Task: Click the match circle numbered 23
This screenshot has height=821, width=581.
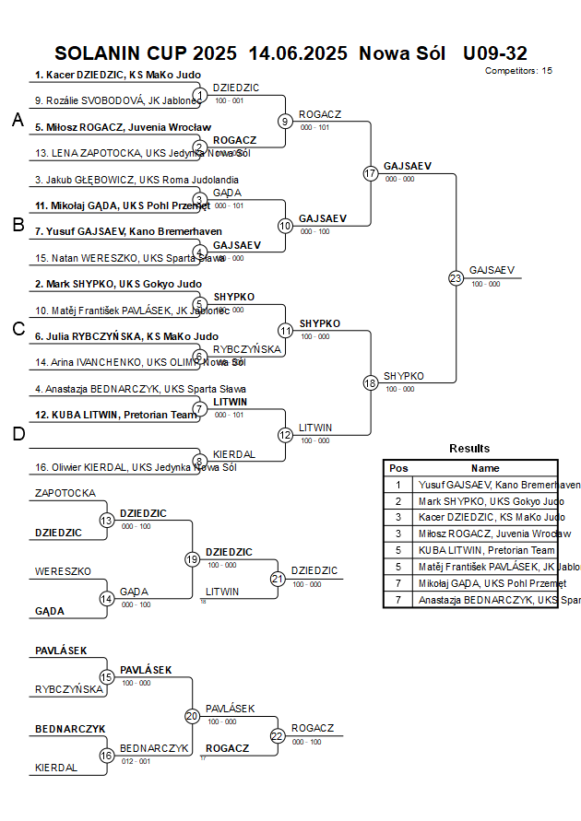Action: (x=456, y=277)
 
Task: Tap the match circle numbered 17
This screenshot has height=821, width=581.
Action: (x=371, y=173)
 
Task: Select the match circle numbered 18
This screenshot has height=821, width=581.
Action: (x=371, y=382)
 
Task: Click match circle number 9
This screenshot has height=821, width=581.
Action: (x=286, y=121)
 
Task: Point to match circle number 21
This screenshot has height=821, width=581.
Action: (x=278, y=579)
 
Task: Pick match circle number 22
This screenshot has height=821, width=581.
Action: (x=278, y=735)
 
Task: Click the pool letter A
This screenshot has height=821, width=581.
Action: (x=18, y=121)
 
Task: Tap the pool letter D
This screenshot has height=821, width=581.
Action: (x=18, y=434)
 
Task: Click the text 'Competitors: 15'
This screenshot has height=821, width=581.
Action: (x=518, y=71)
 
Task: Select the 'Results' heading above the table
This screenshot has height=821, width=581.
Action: (x=469, y=449)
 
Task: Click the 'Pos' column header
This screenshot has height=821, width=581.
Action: (x=398, y=468)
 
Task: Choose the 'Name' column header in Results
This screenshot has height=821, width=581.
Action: (x=485, y=468)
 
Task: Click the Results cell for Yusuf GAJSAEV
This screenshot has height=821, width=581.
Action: (x=485, y=485)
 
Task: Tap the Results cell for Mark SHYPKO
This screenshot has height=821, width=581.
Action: (x=485, y=501)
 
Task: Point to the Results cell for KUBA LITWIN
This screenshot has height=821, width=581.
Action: (x=485, y=550)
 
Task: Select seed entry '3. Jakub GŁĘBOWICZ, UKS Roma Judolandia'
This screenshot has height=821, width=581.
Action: (x=136, y=180)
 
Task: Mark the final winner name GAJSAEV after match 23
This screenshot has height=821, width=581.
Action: (x=492, y=270)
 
